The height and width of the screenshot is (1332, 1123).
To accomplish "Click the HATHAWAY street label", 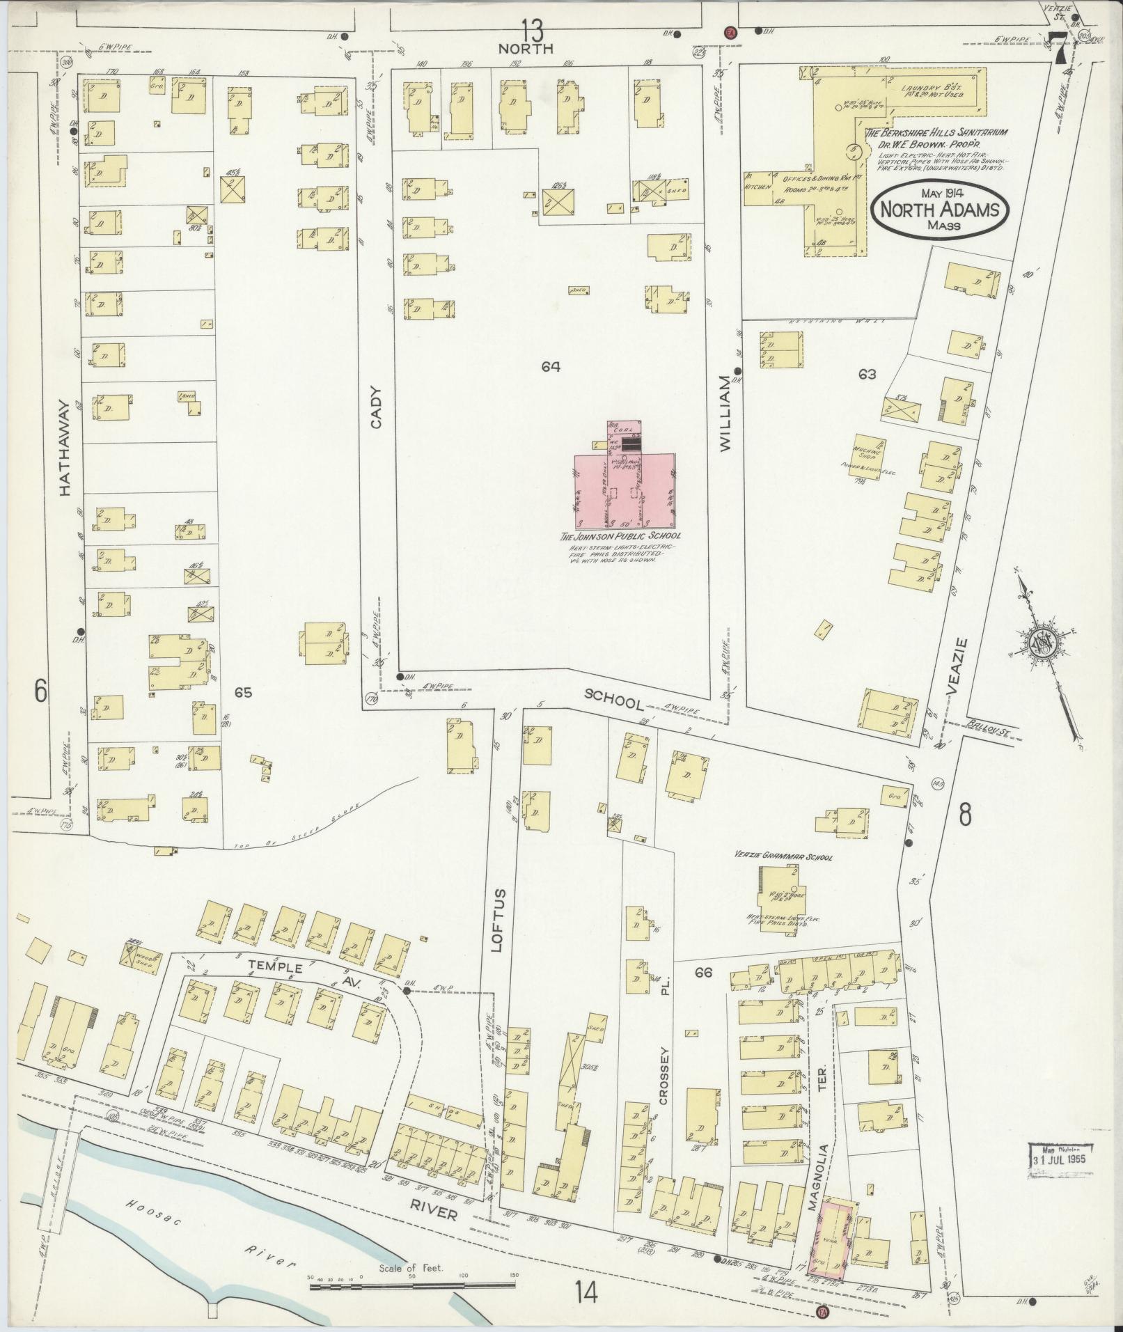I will (x=65, y=447).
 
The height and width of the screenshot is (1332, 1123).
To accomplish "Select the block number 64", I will (x=551, y=366).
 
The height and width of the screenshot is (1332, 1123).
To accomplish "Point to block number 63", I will (x=867, y=375).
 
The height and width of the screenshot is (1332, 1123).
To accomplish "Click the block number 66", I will (x=702, y=973).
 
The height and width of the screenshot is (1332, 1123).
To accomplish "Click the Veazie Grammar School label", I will (x=783, y=857).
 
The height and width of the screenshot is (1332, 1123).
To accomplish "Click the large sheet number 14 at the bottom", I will (x=586, y=1293).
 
